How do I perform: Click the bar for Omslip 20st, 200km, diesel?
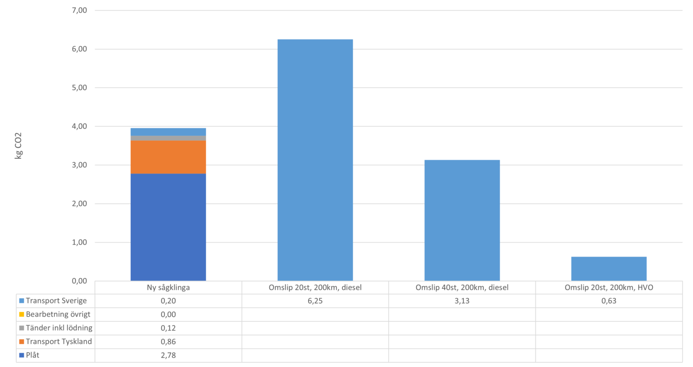tap(315, 159)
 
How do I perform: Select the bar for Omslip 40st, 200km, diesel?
tap(462, 220)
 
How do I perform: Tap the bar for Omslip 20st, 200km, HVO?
tap(609, 268)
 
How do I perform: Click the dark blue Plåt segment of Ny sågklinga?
tap(168, 227)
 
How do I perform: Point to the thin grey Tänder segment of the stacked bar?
tap(168, 138)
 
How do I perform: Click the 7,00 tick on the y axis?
tap(77, 10)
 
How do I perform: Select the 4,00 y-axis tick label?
tap(77, 126)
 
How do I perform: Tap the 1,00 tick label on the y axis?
tap(77, 242)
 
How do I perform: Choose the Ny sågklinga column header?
tap(168, 287)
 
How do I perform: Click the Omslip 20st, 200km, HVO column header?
tap(609, 287)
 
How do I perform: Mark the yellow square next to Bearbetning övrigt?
tap(22, 314)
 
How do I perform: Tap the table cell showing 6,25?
tap(315, 301)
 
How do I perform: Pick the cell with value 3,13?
tap(462, 301)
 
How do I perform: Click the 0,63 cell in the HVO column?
tap(609, 301)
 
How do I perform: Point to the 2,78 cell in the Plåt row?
tap(168, 355)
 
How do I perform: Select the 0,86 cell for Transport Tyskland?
tap(168, 342)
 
